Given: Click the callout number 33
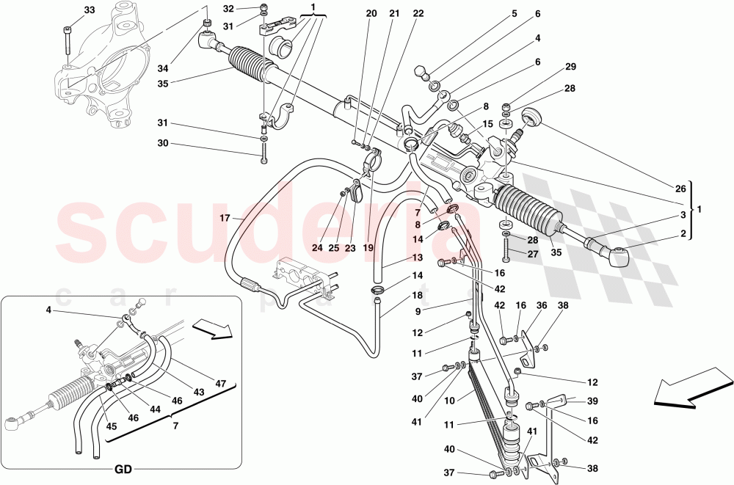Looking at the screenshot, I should tap(89, 10).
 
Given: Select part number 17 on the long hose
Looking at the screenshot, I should tap(225, 218).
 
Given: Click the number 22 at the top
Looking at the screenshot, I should tap(418, 14).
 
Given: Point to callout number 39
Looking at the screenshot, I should tap(592, 401).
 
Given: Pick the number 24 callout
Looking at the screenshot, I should tap(317, 248).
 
